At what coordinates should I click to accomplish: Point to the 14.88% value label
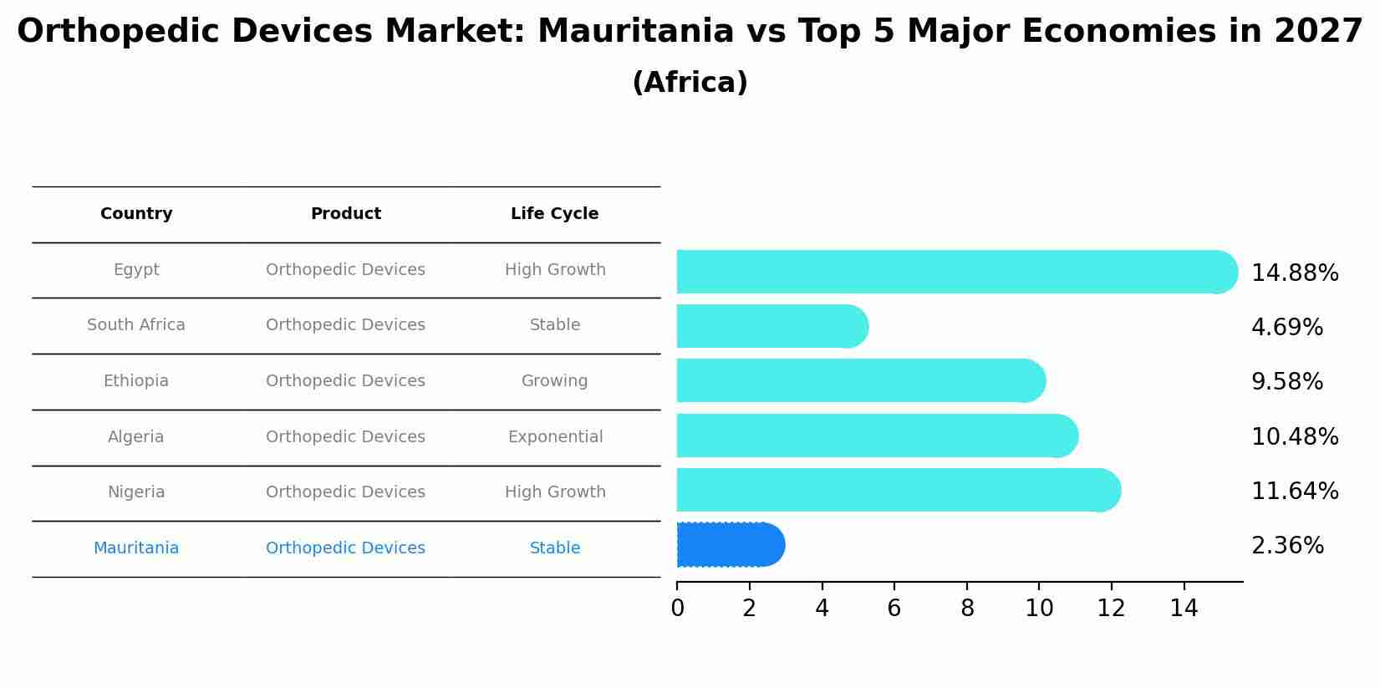coord(1294,273)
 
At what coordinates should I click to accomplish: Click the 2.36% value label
coord(1287,546)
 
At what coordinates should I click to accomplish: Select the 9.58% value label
coord(1286,382)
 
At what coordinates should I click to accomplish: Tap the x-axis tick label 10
coord(1039,609)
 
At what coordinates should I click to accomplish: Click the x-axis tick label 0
coord(677,609)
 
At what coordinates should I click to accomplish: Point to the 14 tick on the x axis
coord(1184,609)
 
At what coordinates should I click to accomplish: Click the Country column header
coord(136,214)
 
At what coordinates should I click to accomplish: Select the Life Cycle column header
coord(554,214)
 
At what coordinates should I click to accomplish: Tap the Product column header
coord(345,214)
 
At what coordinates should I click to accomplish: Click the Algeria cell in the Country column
coord(135,437)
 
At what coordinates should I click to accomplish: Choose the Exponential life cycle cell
coord(555,437)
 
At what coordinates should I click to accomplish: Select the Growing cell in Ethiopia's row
coord(554,381)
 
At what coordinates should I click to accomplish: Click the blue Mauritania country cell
coord(135,548)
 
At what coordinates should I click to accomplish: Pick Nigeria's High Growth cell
coord(555,492)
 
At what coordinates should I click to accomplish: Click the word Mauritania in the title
coord(635,32)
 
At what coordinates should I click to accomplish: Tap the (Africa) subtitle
coord(690,83)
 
